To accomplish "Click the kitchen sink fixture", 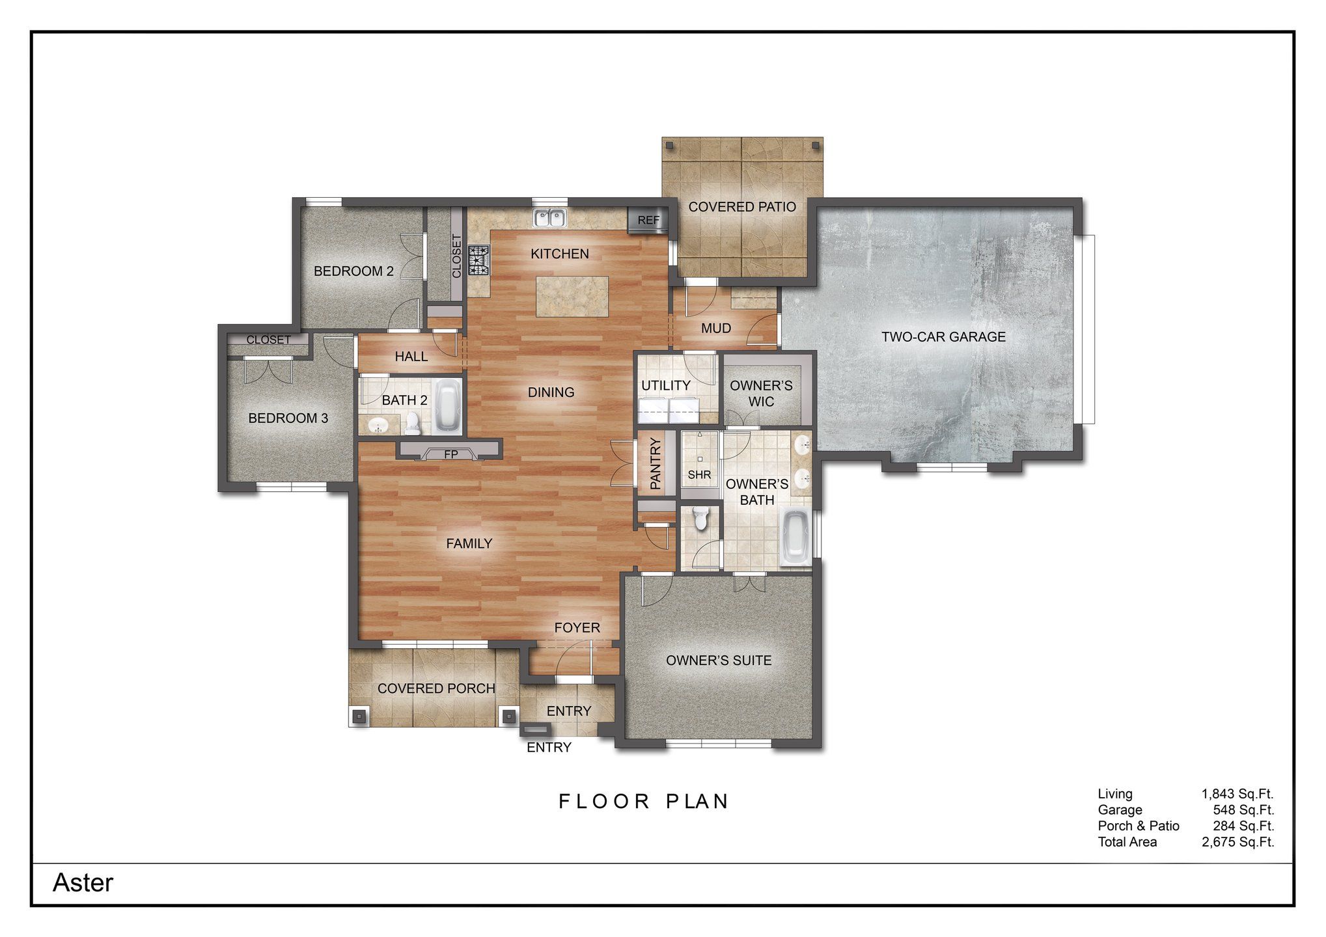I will click(x=550, y=218).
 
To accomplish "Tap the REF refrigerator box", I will click(x=648, y=220).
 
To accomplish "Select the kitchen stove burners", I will click(x=480, y=260).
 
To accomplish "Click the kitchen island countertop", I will click(x=572, y=297).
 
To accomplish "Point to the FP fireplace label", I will click(x=450, y=454).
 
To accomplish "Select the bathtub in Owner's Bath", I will click(x=794, y=537).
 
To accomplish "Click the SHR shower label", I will click(x=699, y=475).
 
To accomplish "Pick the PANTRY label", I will click(x=656, y=463).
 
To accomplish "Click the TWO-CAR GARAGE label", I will click(x=943, y=337).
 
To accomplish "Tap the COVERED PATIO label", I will click(x=742, y=207).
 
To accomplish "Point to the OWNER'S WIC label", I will click(x=761, y=393).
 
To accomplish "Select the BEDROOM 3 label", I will click(x=288, y=418).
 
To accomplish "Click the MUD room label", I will click(x=715, y=329).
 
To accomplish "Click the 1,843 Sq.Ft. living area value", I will click(x=1237, y=794).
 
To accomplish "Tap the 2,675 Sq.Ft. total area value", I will click(x=1237, y=842).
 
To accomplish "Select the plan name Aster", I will click(x=83, y=883).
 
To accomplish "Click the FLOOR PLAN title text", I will click(x=644, y=801).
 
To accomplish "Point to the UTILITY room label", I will click(x=665, y=385).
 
